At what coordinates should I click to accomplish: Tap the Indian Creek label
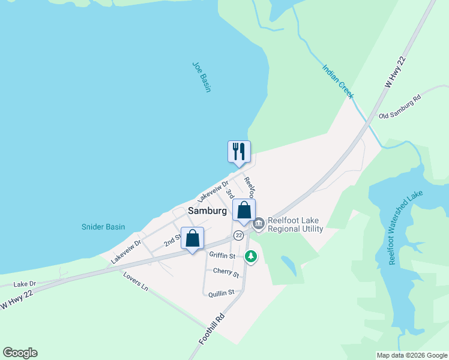coord(338,82)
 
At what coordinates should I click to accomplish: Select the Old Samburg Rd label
coord(400,106)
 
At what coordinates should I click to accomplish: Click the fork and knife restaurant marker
coord(239,151)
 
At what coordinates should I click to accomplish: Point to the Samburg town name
coord(207,211)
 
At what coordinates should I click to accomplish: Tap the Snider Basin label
coord(103,227)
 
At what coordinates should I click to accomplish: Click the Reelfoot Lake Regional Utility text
coord(295,224)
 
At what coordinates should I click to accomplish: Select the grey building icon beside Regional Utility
coord(259,224)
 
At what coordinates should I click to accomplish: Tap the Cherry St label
coord(226,273)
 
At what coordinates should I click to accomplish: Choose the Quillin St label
coord(221,293)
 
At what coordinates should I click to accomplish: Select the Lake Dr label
coord(25,284)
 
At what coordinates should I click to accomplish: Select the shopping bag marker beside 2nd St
coord(193,238)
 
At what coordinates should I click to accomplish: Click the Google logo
coord(20,353)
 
